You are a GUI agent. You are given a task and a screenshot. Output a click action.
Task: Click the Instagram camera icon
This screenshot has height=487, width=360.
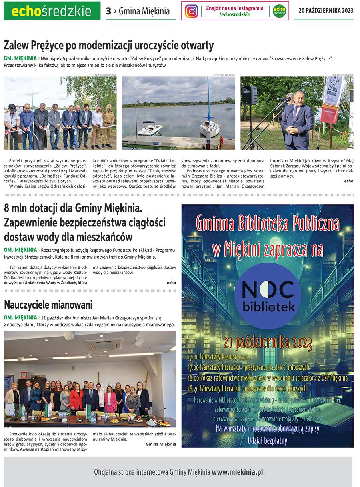[192, 11]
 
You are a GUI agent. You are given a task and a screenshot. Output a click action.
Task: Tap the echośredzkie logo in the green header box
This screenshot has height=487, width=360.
[52, 11]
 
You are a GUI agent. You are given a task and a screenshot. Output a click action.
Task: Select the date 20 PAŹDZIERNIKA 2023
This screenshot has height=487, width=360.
[326, 11]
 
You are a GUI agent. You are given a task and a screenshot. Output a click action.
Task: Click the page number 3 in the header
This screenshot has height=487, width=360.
[108, 11]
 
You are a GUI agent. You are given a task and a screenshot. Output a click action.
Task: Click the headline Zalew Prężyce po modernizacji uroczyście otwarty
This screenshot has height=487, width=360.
[109, 45]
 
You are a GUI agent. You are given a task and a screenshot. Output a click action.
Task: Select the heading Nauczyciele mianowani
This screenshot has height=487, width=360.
[48, 305]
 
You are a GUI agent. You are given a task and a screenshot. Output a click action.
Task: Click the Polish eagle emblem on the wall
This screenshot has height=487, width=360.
[23, 376]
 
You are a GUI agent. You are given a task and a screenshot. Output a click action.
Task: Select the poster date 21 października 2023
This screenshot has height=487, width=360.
[268, 343]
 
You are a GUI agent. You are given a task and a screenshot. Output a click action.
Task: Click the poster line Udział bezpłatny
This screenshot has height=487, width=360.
[268, 441]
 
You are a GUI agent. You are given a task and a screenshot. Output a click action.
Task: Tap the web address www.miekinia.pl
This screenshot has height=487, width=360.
[237, 472]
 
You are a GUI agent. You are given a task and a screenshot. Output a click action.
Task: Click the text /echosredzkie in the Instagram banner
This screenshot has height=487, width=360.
[235, 14]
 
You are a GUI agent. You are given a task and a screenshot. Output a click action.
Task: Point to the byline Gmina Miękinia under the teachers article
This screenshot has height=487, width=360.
[160, 444]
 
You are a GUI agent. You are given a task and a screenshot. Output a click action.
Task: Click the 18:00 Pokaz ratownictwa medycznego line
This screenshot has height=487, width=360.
[268, 378]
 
